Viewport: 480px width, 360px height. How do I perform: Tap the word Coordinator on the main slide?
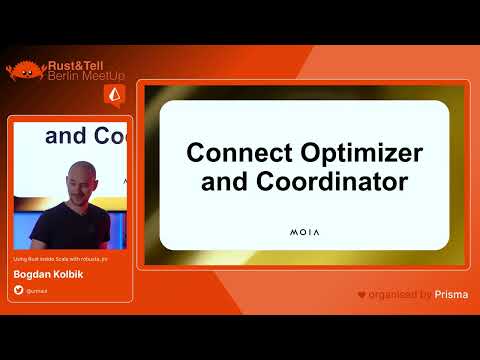(x=322, y=182)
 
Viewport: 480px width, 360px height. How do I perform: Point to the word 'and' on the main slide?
(x=223, y=182)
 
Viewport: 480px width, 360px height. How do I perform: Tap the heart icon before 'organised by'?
(x=362, y=294)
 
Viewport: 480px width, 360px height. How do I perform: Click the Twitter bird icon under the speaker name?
(x=18, y=290)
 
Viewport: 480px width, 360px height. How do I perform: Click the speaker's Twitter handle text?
(x=36, y=290)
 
